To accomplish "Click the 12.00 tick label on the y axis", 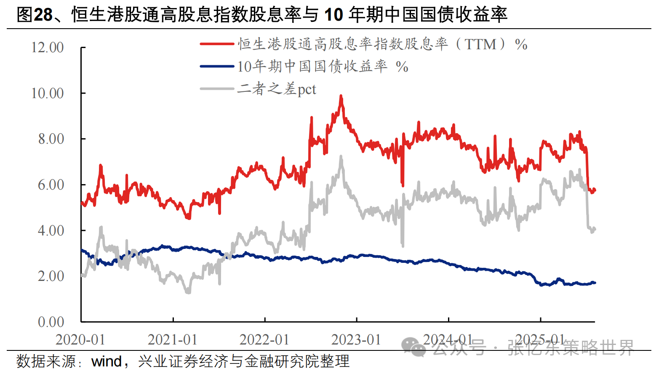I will [x=48, y=48].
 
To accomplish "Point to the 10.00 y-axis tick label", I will [x=48, y=93].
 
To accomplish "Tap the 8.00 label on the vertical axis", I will [x=51, y=139].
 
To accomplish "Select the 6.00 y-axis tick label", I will [x=51, y=185].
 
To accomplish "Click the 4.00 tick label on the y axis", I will [x=51, y=231].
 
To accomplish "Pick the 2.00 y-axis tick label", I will [x=51, y=276].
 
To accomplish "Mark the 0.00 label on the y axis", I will [x=51, y=322].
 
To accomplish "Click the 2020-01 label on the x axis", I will [x=80, y=340].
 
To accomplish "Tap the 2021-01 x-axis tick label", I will [x=173, y=340].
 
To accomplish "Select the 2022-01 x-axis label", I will [x=264, y=340].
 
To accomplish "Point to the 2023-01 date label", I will [x=356, y=340].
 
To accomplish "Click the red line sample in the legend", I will [x=217, y=44].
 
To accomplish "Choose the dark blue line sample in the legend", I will [x=217, y=66].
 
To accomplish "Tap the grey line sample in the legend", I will [x=217, y=89].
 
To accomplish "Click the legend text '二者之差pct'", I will [x=277, y=89].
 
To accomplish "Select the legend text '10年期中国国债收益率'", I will [x=312, y=67].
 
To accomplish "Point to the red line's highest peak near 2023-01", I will [x=341, y=96].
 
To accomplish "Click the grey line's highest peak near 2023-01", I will [x=341, y=157].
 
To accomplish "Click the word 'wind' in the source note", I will [x=107, y=361].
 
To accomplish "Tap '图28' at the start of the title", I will [x=35, y=15].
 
